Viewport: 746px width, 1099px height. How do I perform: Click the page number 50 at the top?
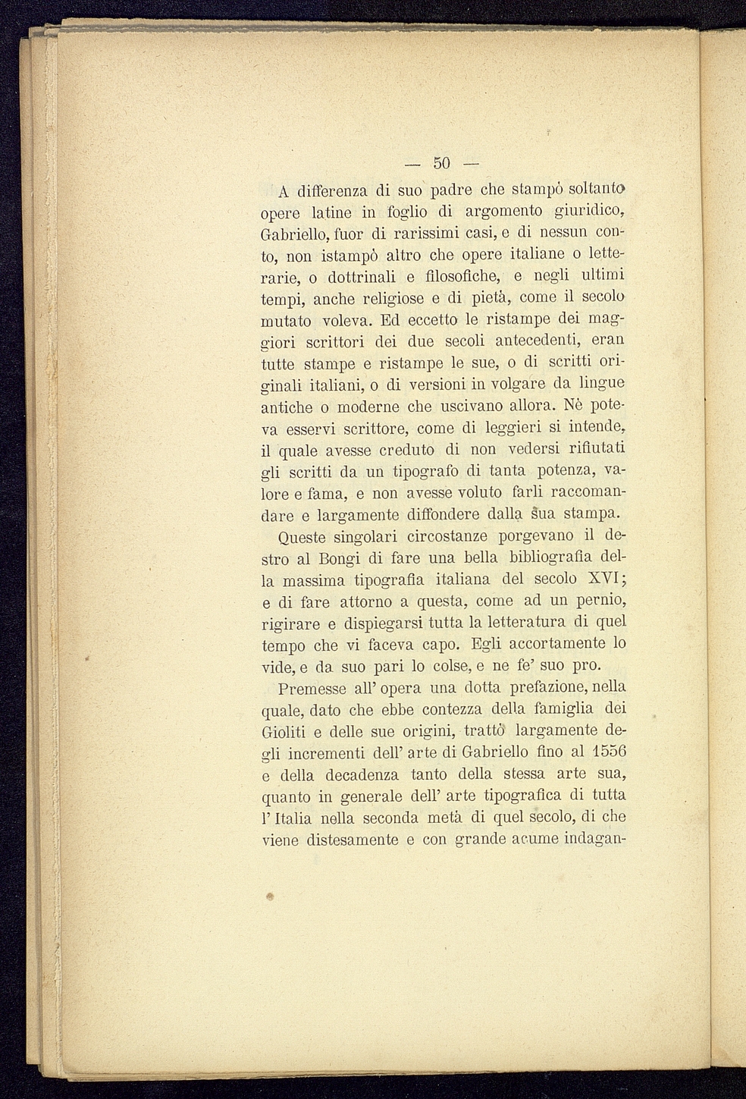(442, 163)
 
